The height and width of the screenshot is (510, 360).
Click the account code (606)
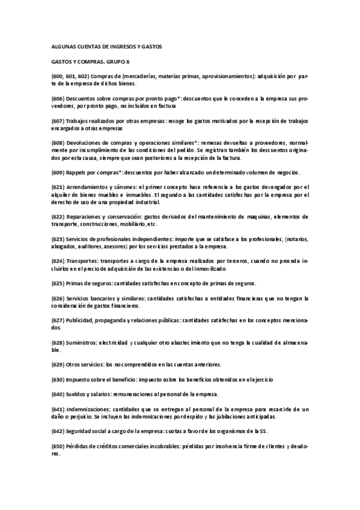pyautogui.click(x=57, y=97)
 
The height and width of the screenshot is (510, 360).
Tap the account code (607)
pyautogui.click(x=57, y=120)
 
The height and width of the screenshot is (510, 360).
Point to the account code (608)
pyautogui.click(x=57, y=143)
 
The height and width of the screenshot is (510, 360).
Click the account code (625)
pyautogui.click(x=57, y=283)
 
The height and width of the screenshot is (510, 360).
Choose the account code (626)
pyautogui.click(x=57, y=298)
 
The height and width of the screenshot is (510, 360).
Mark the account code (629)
pyautogui.click(x=57, y=364)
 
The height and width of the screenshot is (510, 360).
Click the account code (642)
pyautogui.click(x=57, y=431)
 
